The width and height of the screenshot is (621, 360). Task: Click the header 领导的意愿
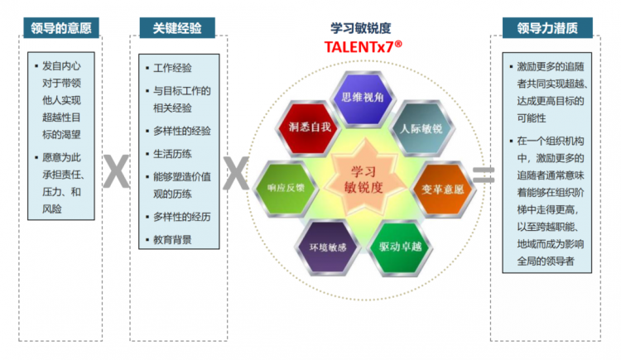pos(61,27)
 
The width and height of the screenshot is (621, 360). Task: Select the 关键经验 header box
pos(177,27)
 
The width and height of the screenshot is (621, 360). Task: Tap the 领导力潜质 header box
pos(547,27)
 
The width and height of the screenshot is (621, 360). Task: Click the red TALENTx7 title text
pos(359,47)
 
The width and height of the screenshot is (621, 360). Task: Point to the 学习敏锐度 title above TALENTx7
pos(361,28)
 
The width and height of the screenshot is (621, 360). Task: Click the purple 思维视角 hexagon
pos(363,98)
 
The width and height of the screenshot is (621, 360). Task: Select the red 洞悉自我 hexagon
pos(310,127)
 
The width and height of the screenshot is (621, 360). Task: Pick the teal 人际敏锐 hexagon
pos(421,128)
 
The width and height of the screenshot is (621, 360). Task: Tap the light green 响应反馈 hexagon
pos(286,188)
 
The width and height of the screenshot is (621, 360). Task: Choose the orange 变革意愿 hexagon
pos(442,189)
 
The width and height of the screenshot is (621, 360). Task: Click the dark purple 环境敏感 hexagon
pos(328,247)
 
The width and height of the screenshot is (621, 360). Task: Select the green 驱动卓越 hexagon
pos(400,247)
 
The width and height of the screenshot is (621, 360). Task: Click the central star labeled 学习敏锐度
pos(363,179)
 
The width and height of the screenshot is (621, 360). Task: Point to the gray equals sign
pos(484,175)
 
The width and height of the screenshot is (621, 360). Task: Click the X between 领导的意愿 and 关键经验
pos(117,170)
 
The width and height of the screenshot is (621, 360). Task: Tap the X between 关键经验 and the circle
pos(236,173)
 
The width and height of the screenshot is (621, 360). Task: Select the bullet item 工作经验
pos(173,68)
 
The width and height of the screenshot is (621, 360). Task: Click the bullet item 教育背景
pos(173,240)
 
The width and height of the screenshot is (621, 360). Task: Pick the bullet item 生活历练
pos(173,154)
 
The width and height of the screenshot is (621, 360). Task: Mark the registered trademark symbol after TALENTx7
pos(398,44)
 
